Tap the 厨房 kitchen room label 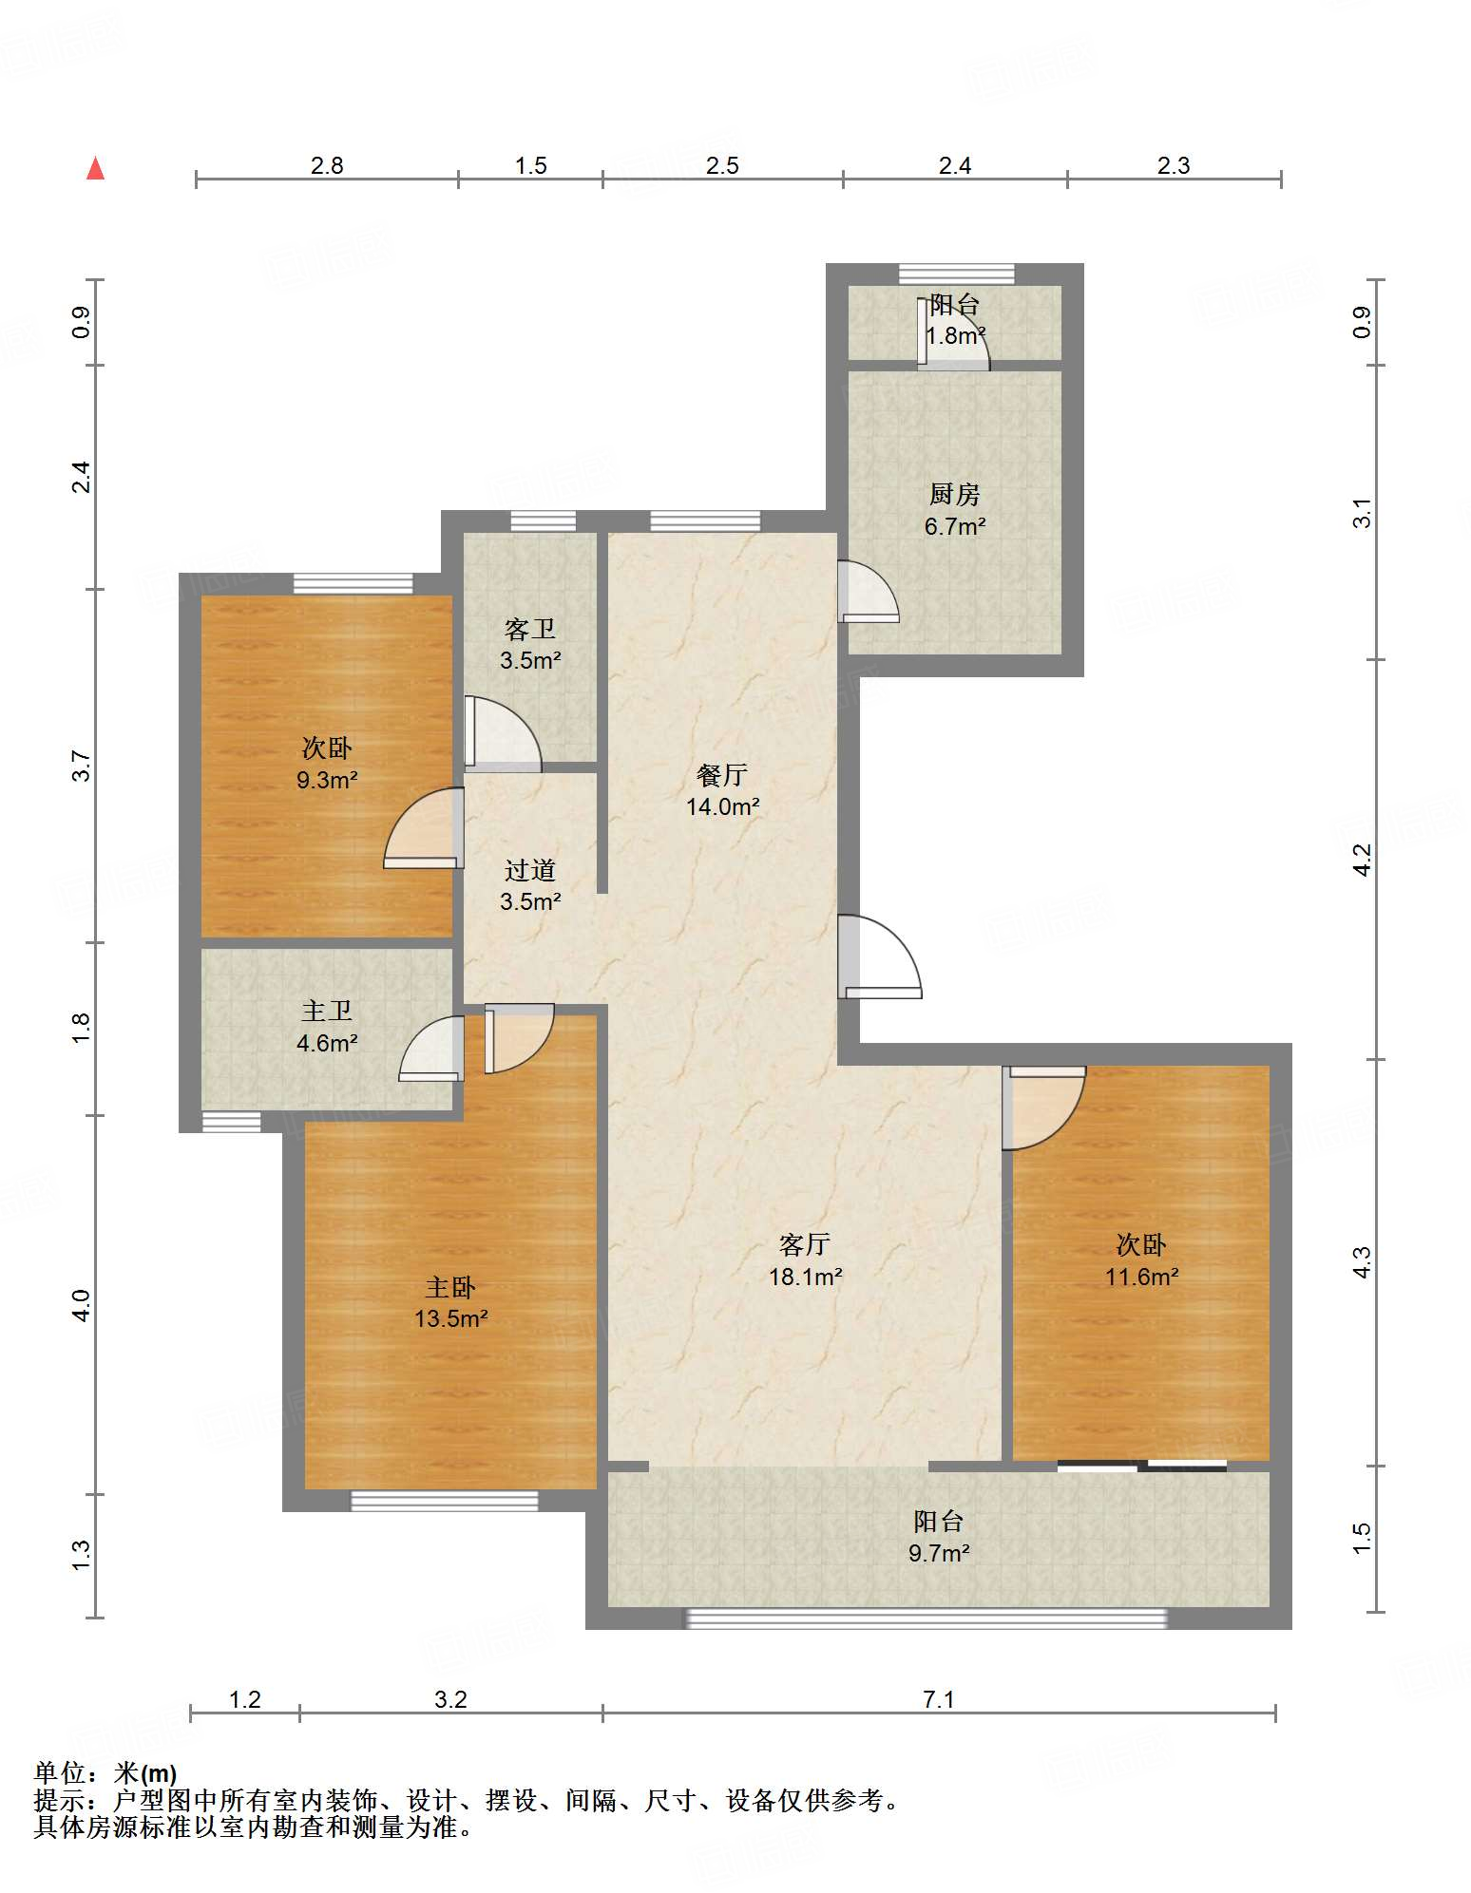(x=954, y=494)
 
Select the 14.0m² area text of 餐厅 (x=723, y=807)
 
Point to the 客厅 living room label (x=805, y=1244)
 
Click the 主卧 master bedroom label (x=450, y=1287)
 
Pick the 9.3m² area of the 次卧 (x=327, y=780)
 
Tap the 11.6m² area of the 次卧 (x=1141, y=1277)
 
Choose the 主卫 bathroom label (x=327, y=1012)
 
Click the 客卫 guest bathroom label (x=530, y=629)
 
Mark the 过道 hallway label (x=530, y=870)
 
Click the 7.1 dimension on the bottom (x=938, y=1698)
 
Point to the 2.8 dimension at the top (x=327, y=165)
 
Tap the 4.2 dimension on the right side (x=1362, y=860)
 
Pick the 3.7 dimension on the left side (x=82, y=766)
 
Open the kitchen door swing (x=869, y=592)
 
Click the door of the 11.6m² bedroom (x=1044, y=1107)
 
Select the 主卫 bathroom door (x=431, y=1049)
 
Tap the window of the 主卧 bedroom (x=444, y=1501)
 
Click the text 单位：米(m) (x=105, y=1772)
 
